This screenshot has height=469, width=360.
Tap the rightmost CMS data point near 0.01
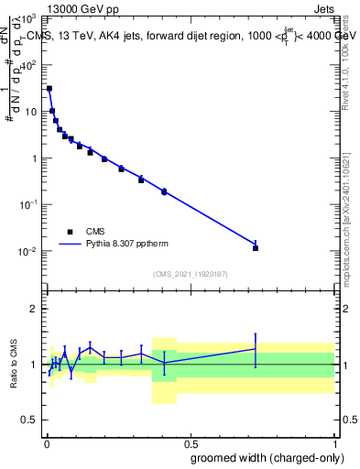click(x=256, y=247)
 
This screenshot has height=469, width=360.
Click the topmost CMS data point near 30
click(x=49, y=89)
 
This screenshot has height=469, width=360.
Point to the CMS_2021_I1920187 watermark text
click(x=189, y=273)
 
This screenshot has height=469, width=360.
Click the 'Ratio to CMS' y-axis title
click(x=14, y=363)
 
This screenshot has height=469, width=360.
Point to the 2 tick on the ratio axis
click(x=33, y=309)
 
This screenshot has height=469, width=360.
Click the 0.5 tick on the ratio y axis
click(x=30, y=421)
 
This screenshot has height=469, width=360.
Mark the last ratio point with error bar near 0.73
click(x=256, y=349)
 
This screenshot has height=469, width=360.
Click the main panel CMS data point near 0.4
click(x=164, y=191)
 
